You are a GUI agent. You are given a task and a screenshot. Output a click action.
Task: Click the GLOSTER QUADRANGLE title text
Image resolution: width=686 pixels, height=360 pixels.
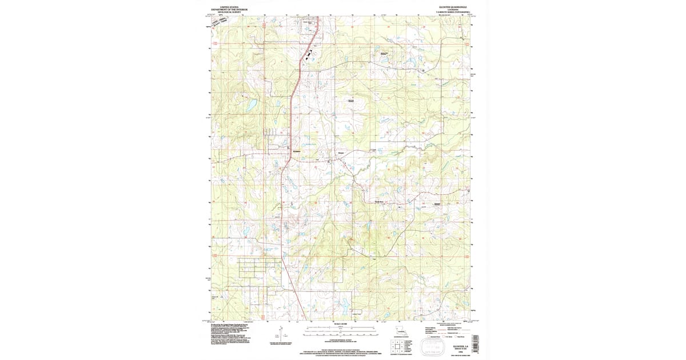pos(454,7)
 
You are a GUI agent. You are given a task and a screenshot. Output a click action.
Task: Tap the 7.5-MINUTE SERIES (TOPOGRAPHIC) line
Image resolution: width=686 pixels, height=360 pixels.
pos(454,12)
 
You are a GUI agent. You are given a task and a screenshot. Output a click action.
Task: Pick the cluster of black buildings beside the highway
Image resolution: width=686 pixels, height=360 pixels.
pos(309,55)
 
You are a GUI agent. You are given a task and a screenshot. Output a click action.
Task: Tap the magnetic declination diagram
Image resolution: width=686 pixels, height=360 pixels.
pos(281,334)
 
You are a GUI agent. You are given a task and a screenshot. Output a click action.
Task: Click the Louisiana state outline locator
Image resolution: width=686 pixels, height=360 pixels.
pos(401,332)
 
